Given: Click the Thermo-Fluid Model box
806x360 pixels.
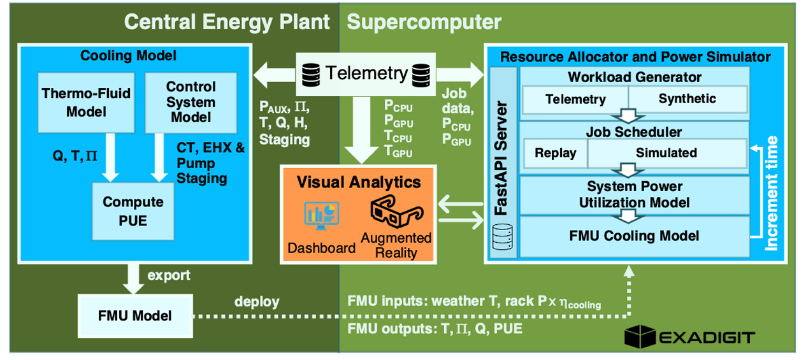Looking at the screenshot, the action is point(87,103).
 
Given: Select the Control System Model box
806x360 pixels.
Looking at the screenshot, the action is point(191,103).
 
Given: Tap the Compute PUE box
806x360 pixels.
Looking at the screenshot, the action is point(133,212).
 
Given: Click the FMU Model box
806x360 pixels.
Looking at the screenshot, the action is point(135,316).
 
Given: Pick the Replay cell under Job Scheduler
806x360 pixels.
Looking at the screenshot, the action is point(556,153).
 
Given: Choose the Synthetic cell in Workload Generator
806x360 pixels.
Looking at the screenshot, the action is point(687,99).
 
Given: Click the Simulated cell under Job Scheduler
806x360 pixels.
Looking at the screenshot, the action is point(666,153).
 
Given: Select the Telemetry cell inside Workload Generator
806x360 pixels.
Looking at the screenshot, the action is point(575,99).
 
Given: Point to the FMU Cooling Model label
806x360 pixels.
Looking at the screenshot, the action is point(634,236).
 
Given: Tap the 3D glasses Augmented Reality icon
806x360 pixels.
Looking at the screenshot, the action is point(396,212).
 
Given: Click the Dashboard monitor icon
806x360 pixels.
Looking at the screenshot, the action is point(321,216).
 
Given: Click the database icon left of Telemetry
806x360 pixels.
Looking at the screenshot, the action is point(311,75).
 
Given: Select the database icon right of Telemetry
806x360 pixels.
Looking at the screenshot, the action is point(421,75).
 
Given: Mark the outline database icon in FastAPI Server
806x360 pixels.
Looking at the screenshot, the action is point(502,237).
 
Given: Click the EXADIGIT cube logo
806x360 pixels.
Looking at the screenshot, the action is point(640,336).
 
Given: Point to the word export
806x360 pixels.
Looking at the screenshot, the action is point(169,276).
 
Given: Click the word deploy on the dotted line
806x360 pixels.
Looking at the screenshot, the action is point(257,301).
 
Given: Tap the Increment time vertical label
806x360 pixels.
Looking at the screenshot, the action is point(771,193).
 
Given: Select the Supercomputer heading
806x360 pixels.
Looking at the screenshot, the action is point(424,22).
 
